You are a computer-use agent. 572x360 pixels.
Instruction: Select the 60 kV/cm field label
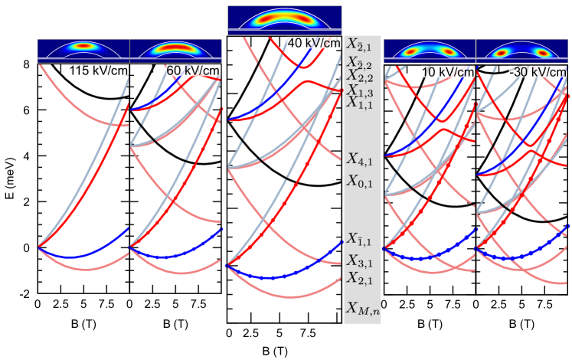(x=193, y=71)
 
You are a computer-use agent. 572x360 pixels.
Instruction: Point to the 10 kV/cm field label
(x=447, y=71)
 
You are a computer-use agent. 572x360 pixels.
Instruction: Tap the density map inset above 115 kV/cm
(x=84, y=50)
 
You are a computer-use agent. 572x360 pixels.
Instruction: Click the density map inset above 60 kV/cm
(x=176, y=50)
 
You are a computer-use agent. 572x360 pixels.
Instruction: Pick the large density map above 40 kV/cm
(x=284, y=20)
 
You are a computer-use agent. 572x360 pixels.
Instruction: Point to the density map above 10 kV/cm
(x=430, y=51)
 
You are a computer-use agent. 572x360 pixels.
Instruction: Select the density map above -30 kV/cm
(x=524, y=51)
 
